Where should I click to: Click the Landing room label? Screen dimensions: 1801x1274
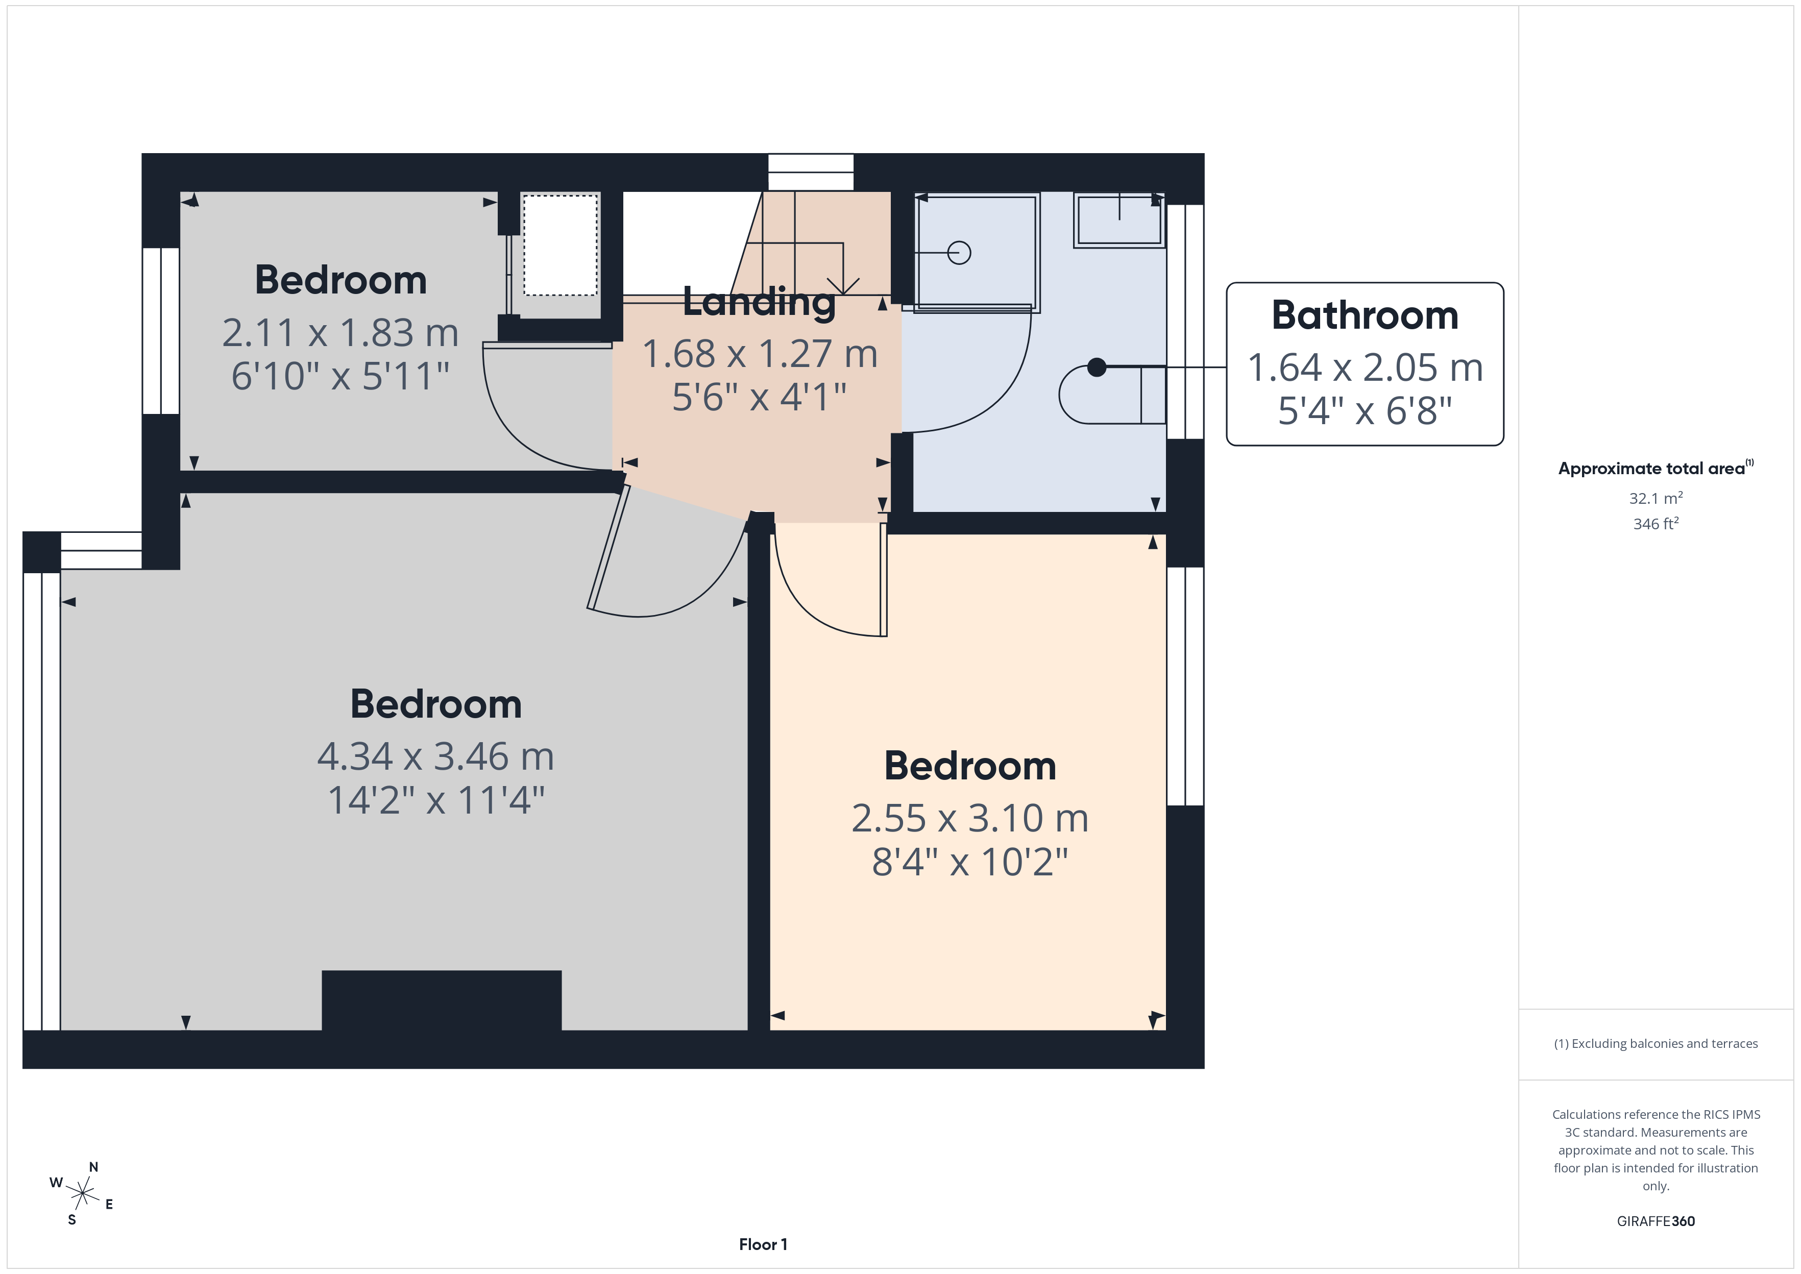[759, 303]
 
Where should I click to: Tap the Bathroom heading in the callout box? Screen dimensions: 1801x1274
[1365, 315]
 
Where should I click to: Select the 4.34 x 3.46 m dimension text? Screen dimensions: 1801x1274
[435, 756]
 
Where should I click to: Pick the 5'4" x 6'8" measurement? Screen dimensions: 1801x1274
[1365, 410]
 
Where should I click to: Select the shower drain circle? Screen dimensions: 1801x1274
[959, 253]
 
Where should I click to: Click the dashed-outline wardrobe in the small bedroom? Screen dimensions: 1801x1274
[560, 246]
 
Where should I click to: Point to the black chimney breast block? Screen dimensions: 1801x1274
[442, 1000]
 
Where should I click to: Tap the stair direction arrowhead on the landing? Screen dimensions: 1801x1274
[843, 286]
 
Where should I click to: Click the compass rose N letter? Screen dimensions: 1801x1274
[93, 1167]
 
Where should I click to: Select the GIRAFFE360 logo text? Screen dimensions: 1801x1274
[1656, 1221]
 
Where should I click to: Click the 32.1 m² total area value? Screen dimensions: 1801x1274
[1656, 498]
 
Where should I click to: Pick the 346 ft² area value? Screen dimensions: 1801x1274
[1656, 523]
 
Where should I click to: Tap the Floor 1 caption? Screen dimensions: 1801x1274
[763, 1244]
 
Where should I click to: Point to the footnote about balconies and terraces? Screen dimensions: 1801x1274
[1656, 1043]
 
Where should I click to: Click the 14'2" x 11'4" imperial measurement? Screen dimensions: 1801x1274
[435, 800]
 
